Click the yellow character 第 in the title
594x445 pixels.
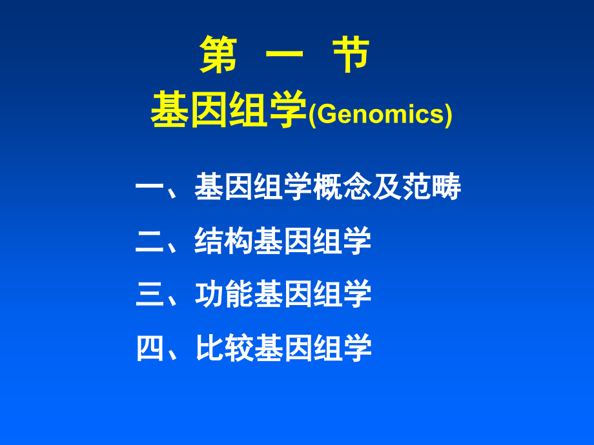coord(218,55)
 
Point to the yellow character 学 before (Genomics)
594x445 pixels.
coord(288,112)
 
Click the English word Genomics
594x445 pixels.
coord(380,115)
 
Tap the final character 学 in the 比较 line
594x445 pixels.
coord(358,349)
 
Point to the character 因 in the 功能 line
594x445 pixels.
coord(298,295)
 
